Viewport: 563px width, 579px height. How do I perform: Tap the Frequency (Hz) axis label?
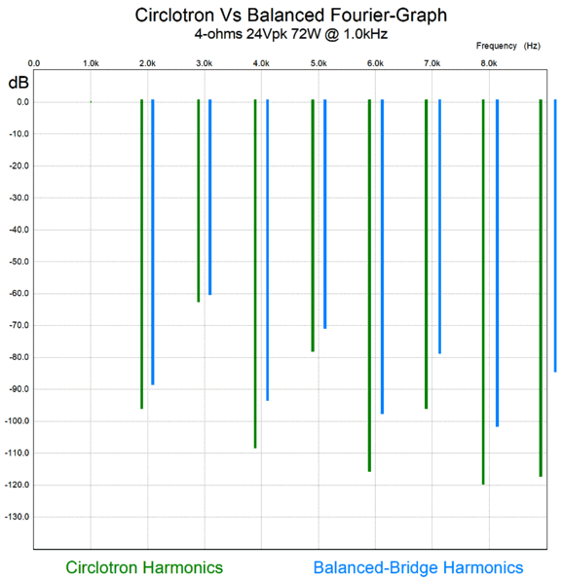pos(508,46)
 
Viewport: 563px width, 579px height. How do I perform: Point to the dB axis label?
pos(19,81)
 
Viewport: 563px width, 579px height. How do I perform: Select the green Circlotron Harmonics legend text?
pos(144,567)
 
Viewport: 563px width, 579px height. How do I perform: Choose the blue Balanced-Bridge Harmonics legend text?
pos(418,567)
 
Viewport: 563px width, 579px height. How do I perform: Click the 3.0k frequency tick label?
pos(204,63)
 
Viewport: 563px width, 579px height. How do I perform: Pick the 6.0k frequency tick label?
pos(374,63)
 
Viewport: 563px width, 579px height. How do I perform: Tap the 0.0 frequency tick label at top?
pos(34,63)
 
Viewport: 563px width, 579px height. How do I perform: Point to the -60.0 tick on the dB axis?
pos(19,293)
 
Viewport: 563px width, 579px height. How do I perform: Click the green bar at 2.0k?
pos(141,253)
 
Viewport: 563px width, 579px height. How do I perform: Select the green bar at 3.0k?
pos(198,199)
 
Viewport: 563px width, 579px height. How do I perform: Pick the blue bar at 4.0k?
pos(267,249)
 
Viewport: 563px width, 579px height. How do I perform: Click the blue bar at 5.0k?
pos(324,213)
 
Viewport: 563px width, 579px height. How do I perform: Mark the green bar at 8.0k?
pos(483,292)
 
